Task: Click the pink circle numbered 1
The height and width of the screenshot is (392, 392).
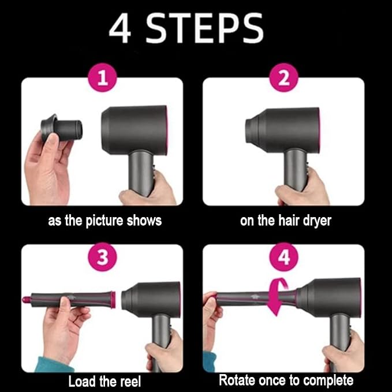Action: point(103,77)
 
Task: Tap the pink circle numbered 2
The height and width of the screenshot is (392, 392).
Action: point(283,77)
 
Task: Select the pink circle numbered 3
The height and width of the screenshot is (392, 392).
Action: point(103,257)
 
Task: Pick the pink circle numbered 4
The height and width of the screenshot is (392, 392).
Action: point(283,257)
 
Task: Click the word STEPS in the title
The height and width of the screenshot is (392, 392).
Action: point(204,28)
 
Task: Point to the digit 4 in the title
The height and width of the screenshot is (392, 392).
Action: point(120,28)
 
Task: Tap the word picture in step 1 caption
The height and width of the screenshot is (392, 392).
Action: point(104,221)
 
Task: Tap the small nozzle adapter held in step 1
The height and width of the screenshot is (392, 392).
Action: point(61,128)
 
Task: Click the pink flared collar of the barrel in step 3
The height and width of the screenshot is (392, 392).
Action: point(113,299)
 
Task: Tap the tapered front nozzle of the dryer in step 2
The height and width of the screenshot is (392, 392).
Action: point(253,130)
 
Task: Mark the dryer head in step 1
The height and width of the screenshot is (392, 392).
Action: point(135,129)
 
